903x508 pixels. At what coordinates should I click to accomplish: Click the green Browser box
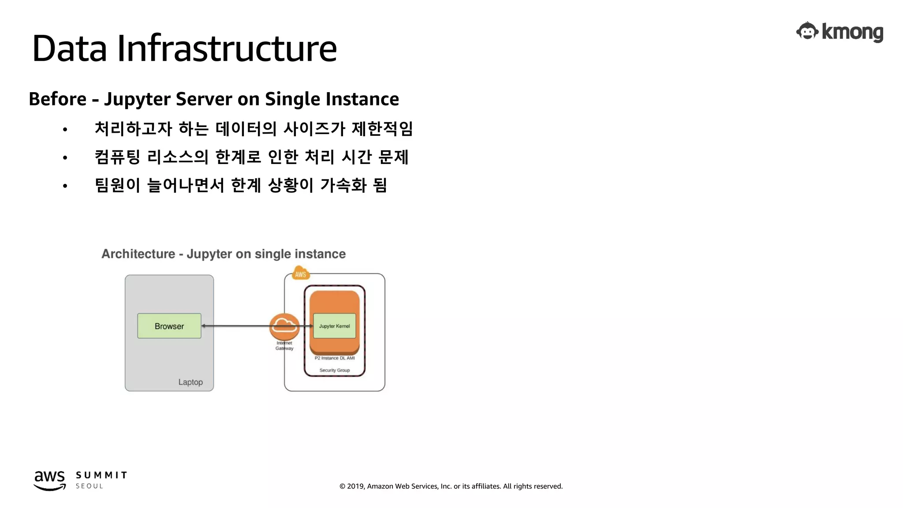pos(169,326)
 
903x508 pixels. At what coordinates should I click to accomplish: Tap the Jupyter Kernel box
pos(334,326)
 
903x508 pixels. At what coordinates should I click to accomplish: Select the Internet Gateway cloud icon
pos(284,326)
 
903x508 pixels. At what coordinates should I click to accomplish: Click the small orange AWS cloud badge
pos(301,273)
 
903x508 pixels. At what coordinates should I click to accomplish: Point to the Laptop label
pos(190,382)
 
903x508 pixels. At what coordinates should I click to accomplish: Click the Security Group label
pos(334,370)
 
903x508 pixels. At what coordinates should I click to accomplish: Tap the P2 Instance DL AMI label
pos(334,358)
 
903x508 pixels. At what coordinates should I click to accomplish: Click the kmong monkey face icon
pos(807,32)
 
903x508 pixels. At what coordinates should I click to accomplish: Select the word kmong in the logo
pos(852,33)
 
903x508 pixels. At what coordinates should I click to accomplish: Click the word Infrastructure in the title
pos(227,48)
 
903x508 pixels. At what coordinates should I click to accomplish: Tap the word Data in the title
pos(70,48)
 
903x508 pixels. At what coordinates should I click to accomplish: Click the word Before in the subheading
pos(57,99)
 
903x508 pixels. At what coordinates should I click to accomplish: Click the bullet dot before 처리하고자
pos(65,130)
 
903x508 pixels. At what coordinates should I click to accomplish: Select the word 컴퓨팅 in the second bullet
pos(117,157)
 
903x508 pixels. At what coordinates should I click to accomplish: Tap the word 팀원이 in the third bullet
pos(117,185)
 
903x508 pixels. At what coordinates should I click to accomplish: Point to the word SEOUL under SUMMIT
pos(90,486)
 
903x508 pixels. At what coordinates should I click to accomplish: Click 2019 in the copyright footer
pos(355,486)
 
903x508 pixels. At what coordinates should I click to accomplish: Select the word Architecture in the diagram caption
pos(138,254)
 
